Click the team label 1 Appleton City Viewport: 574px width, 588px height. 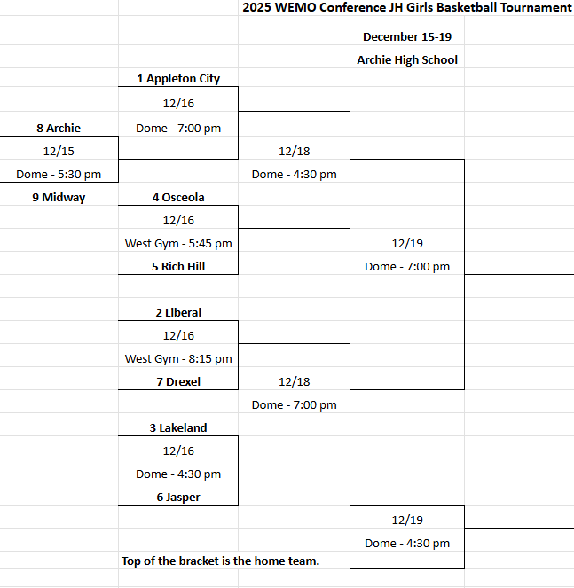pos(178,79)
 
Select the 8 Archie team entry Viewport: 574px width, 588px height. pos(59,129)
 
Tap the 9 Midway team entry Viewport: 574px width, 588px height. pos(59,198)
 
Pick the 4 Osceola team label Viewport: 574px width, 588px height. pos(178,198)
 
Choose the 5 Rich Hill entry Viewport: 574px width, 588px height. pos(178,266)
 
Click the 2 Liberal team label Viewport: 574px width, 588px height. pos(178,313)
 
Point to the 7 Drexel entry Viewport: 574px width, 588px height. pos(178,382)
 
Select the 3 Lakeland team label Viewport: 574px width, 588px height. pos(178,428)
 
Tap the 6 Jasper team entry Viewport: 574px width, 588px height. pos(178,498)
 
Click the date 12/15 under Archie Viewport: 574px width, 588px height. pos(59,152)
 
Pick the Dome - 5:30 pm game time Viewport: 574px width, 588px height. pos(59,175)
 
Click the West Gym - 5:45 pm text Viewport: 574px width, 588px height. pos(178,243)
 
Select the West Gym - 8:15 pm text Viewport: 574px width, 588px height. pos(178,359)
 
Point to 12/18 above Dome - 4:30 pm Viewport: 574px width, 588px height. pos(295,152)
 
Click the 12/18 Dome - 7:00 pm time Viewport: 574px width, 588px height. pos(295,405)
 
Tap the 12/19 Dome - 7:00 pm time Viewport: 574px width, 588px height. pos(407,267)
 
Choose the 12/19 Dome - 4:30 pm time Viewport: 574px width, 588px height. pos(407,544)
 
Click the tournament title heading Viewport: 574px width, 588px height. pos(407,8)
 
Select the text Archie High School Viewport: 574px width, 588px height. pos(407,60)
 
